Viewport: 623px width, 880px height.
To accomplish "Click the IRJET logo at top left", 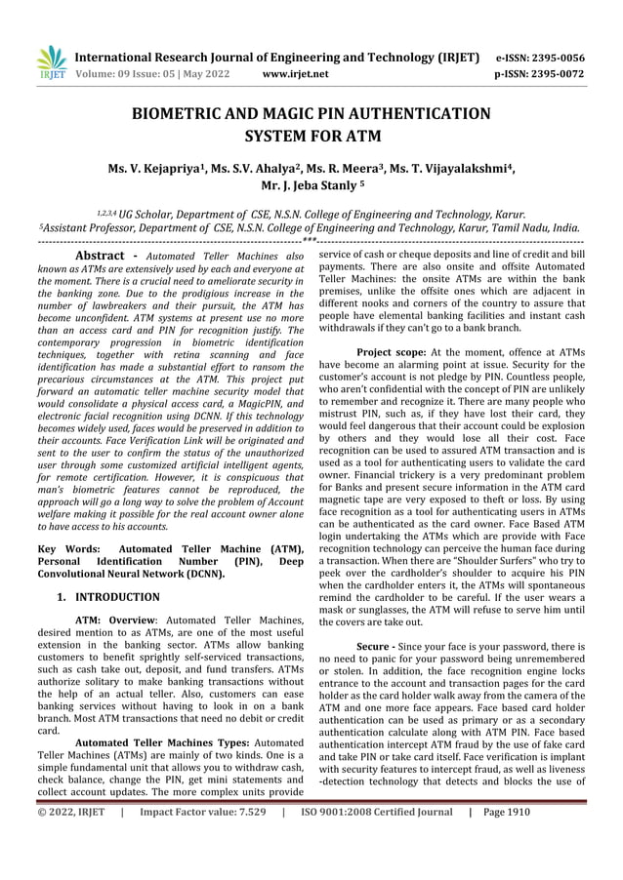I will tap(51, 62).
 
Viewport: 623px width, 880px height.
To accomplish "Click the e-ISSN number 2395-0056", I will tap(555, 57).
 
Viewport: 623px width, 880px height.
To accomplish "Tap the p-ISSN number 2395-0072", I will tap(555, 73).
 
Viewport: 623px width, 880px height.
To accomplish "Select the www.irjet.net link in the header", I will tap(296, 73).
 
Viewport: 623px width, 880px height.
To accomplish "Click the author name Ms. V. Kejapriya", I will tap(164, 165).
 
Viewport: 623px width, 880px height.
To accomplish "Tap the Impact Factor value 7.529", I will tap(204, 865).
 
